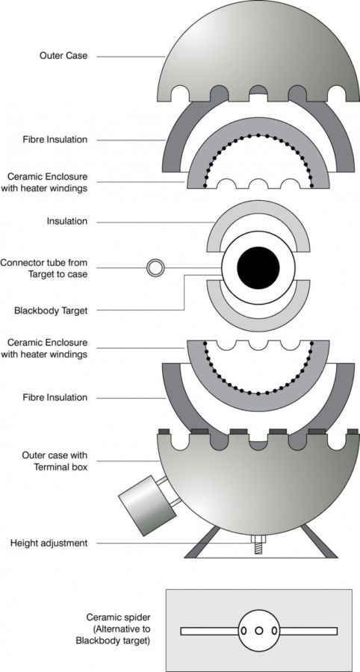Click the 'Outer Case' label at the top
(63, 56)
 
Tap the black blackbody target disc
(258, 268)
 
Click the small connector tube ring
(155, 268)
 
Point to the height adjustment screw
(258, 545)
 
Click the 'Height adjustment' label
(49, 544)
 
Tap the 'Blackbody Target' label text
(51, 311)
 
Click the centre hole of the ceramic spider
(259, 631)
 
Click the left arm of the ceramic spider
(210, 631)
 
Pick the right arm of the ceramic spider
(308, 631)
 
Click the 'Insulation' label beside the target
(67, 221)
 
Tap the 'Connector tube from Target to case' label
(44, 268)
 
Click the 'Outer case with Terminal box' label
(55, 461)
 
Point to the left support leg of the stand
(202, 543)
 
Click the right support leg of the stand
(319, 542)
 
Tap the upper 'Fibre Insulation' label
(55, 140)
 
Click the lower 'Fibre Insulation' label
(55, 397)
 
